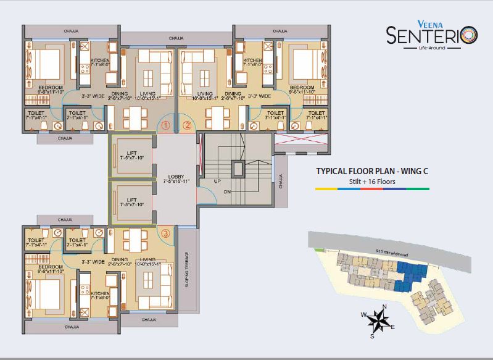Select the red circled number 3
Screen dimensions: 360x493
(165, 233)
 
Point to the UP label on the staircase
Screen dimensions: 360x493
(217, 182)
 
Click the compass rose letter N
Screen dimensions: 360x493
(384, 307)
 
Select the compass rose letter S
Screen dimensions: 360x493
(372, 337)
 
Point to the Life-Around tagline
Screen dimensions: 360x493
(431, 48)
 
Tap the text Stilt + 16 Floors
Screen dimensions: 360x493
(363, 182)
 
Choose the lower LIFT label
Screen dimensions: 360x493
(131, 200)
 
